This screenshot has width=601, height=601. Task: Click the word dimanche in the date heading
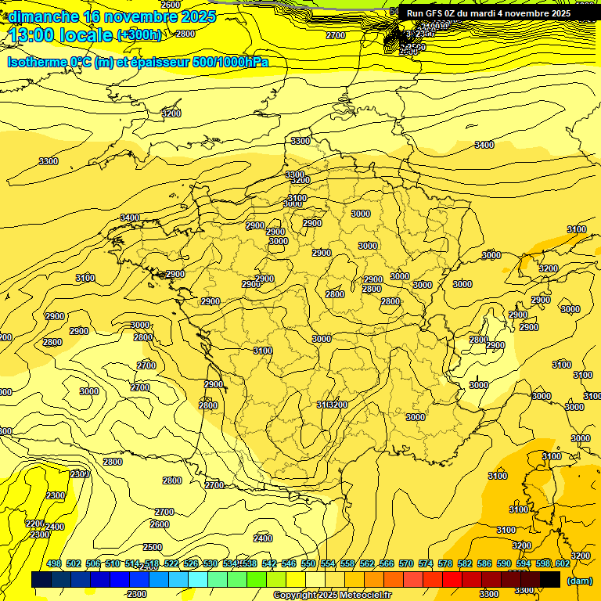39,16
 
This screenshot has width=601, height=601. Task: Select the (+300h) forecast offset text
139,35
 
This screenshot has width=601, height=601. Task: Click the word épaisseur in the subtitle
157,62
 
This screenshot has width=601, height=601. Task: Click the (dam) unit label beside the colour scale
579,580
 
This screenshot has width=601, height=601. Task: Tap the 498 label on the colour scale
54,563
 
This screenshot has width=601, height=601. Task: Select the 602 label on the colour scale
562,563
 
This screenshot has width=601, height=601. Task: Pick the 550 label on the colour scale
308,563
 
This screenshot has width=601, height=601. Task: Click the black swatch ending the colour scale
550,580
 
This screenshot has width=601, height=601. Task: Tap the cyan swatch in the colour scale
198,580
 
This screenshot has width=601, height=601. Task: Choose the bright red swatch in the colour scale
452,580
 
